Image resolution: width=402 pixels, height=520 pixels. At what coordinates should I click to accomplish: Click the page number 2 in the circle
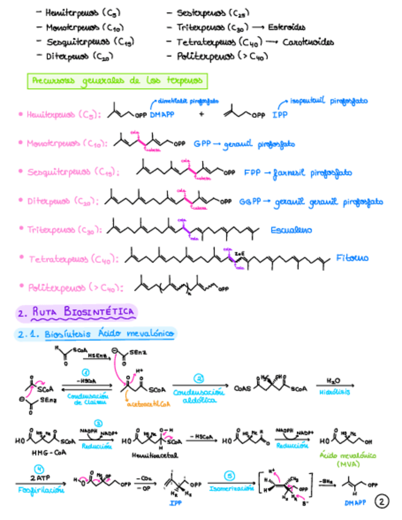point(382,501)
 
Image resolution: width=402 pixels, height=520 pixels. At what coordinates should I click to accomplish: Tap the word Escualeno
point(291,230)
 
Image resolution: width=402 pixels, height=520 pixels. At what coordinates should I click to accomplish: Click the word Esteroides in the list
point(287,27)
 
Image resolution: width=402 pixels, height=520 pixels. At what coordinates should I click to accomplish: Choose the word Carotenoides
point(309,42)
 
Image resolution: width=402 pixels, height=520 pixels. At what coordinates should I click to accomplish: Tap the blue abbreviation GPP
point(202,144)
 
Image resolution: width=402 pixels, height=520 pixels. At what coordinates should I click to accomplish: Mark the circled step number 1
point(86,372)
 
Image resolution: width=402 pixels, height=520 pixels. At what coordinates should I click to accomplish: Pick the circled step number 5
point(230,475)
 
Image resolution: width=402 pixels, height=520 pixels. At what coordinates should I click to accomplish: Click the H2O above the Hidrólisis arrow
point(334,381)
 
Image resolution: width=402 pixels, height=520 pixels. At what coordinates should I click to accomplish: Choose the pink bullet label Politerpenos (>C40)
point(75,287)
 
